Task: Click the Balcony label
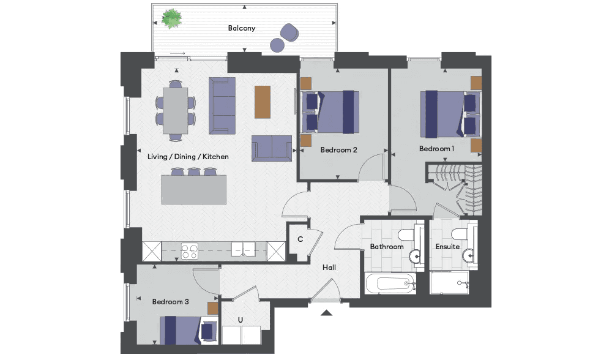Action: tap(242, 28)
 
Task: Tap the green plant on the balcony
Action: tap(172, 19)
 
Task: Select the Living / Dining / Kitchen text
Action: tap(188, 157)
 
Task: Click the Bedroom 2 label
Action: tap(339, 150)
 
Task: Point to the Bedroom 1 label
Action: tap(437, 149)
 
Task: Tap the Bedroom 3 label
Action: tap(171, 302)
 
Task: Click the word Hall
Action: tap(329, 268)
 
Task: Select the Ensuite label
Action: tap(448, 247)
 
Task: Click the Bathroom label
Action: tap(387, 247)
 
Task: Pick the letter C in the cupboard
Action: tap(300, 239)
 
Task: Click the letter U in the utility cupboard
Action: tap(241, 320)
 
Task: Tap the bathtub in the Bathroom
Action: tap(389, 283)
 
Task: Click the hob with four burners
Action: tap(190, 251)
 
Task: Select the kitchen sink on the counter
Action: tap(243, 250)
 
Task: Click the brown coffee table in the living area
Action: tap(263, 102)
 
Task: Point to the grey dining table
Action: tap(175, 110)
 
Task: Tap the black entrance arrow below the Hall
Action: tap(327, 312)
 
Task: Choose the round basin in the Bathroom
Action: tap(416, 257)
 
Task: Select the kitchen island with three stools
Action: tap(194, 186)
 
